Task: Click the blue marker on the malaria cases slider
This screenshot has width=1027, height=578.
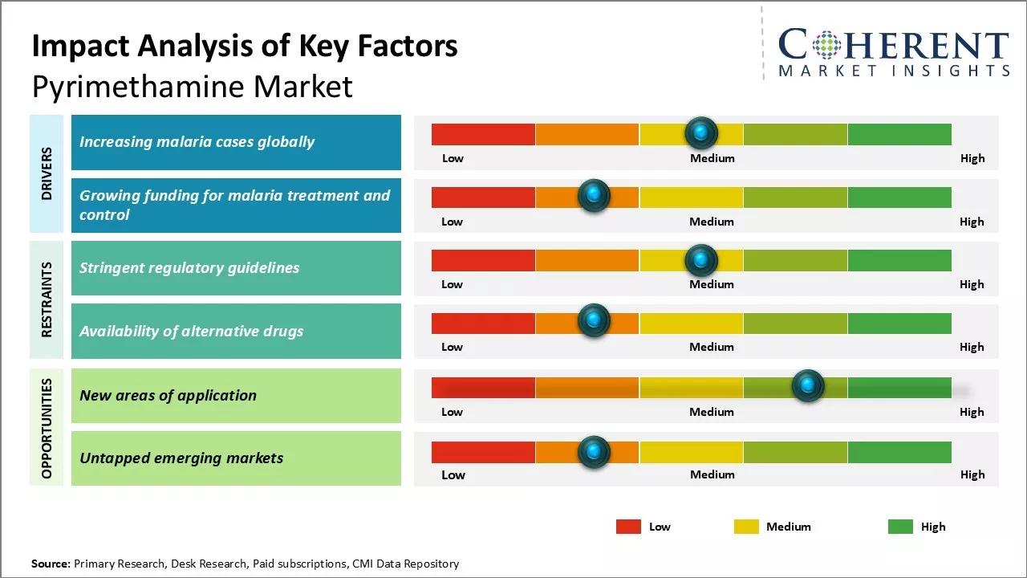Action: [x=701, y=132]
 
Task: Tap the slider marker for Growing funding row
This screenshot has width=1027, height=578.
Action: [x=594, y=195]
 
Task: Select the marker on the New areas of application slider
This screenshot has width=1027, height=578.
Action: [x=808, y=386]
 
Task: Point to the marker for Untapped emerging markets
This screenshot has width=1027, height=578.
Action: [x=594, y=452]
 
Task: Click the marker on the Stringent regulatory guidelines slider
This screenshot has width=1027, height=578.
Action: [x=701, y=260]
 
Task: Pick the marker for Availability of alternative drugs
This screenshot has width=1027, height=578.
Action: [x=594, y=320]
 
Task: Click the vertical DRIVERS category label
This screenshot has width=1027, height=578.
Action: [x=47, y=173]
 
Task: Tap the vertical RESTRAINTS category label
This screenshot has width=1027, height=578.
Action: [x=47, y=299]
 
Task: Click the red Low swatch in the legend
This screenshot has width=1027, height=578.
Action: [x=628, y=527]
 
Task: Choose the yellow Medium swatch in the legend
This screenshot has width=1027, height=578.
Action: [x=746, y=527]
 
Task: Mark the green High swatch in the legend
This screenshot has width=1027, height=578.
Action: [x=900, y=527]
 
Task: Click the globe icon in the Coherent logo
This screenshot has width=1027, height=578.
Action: [x=826, y=46]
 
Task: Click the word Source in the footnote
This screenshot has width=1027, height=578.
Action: [x=51, y=564]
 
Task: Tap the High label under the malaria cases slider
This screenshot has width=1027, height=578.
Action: [x=972, y=158]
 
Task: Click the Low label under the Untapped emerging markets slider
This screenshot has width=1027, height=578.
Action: [x=453, y=474]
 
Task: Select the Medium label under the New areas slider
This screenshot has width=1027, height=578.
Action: [x=712, y=412]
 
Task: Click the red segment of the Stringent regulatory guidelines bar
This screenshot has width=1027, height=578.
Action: [x=483, y=260]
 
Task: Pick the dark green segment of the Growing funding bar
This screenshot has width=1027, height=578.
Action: [x=899, y=197]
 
